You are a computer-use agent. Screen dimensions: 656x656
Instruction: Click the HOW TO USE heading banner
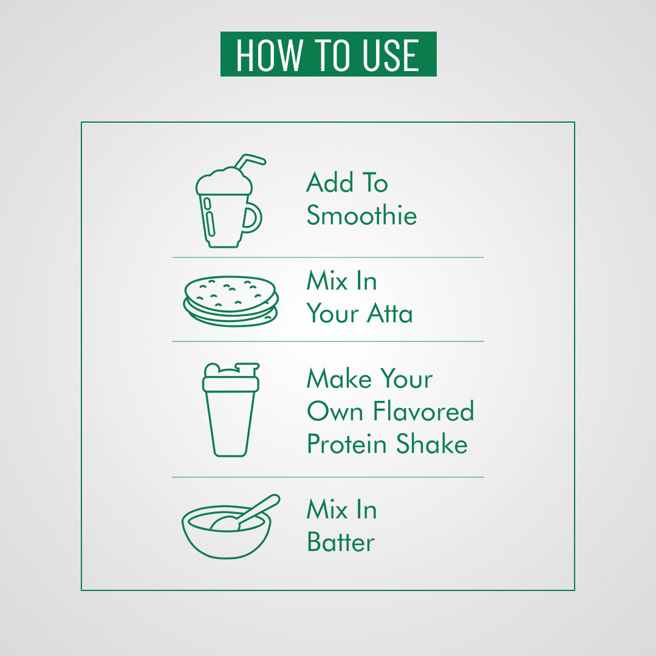coord(329,54)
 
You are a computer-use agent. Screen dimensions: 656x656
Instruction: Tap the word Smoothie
coord(361,215)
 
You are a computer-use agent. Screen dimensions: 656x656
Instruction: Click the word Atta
coord(389,313)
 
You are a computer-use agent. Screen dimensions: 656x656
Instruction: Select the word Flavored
coord(423,411)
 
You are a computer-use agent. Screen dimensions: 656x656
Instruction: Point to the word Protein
coord(346,443)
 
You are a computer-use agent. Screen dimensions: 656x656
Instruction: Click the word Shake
coord(432,443)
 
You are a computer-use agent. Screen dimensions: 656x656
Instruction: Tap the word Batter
coord(341,542)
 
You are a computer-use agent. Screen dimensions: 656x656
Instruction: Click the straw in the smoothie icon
coord(250,162)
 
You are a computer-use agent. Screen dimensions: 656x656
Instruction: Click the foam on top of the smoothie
coord(224,181)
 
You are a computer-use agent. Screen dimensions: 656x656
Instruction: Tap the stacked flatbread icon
coord(231,301)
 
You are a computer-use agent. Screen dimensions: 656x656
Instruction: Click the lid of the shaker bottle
coord(231,377)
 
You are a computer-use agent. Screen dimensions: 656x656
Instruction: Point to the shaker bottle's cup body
coord(230,424)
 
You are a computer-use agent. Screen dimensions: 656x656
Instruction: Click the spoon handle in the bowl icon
coord(260,508)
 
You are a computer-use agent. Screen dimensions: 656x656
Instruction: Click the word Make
coord(339,378)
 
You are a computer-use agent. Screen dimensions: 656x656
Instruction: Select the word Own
coord(335,411)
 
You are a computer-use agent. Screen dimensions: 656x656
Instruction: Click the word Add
coord(330,182)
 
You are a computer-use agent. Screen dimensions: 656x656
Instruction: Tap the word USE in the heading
coord(391,55)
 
